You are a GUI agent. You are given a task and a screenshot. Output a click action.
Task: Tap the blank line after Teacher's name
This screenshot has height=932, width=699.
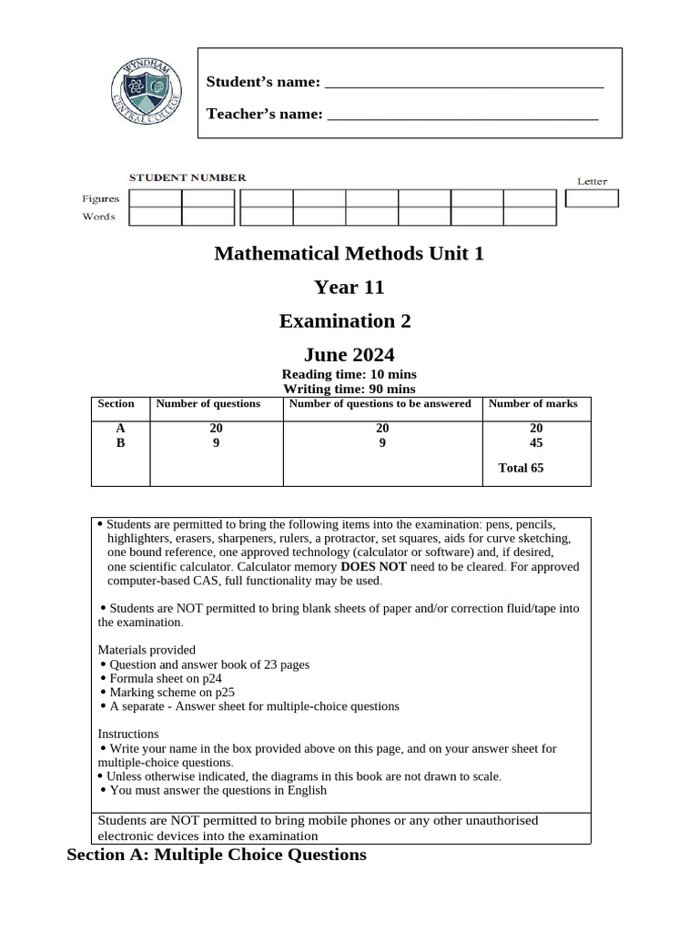[462, 117]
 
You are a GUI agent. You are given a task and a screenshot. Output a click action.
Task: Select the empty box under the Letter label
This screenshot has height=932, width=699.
[592, 198]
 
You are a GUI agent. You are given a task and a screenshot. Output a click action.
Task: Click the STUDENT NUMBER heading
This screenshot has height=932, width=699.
[187, 177]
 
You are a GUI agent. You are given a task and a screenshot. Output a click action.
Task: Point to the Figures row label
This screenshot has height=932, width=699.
[101, 198]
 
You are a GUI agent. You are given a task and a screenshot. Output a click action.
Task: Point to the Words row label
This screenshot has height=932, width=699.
[99, 217]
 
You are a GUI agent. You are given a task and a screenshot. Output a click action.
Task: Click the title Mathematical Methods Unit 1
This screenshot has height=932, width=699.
[349, 253]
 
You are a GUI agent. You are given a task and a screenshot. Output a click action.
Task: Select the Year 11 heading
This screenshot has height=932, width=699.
[349, 288]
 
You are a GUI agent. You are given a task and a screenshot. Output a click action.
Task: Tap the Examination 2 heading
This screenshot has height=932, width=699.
[345, 321]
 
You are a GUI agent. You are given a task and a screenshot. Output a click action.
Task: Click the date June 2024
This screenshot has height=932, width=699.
[349, 355]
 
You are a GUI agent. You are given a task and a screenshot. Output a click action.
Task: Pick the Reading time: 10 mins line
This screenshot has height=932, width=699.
[349, 374]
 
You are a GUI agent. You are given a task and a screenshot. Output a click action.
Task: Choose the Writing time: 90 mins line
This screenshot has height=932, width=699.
[349, 389]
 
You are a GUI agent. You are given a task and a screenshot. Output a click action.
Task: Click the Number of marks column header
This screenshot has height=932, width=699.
[533, 404]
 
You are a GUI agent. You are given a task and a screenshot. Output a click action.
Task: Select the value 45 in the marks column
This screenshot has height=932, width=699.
[536, 443]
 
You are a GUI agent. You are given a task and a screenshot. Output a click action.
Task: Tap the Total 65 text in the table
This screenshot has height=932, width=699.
[522, 469]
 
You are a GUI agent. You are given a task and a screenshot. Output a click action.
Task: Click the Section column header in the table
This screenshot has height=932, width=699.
[116, 404]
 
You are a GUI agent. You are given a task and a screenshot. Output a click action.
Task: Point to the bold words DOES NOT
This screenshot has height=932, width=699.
[373, 566]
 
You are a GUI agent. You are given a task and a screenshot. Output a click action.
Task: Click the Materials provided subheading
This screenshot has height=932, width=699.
[147, 650]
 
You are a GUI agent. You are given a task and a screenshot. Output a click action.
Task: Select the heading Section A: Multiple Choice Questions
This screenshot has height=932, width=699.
[217, 855]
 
